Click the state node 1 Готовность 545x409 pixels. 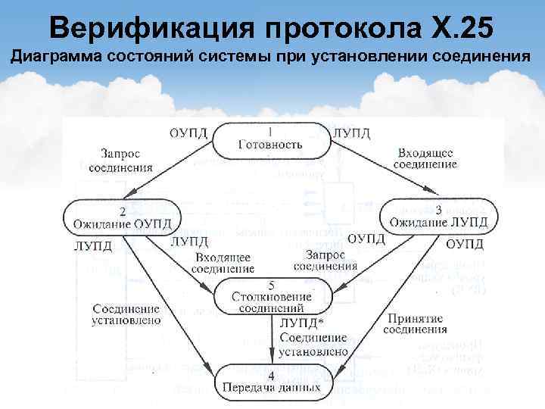coord(270,139)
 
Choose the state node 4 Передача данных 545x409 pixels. coord(271,382)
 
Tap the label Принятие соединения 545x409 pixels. coord(415,323)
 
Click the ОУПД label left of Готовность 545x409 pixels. coord(188,133)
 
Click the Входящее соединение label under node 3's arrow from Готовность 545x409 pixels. coord(426,158)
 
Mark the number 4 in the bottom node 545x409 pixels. coord(270,376)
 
